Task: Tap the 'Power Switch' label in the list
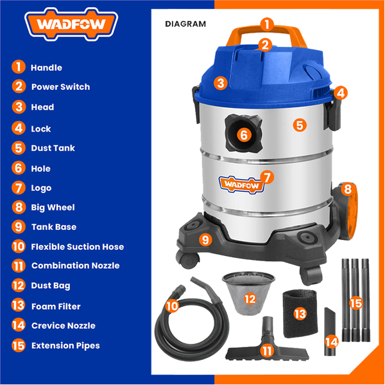point(60,87)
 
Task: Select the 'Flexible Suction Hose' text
point(77,246)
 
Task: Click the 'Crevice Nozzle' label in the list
point(63,325)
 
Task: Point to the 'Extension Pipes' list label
point(65,345)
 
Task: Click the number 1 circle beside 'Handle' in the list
point(19,67)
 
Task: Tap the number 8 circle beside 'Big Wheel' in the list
point(19,207)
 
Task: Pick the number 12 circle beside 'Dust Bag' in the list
point(19,286)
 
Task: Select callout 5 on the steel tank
point(300,125)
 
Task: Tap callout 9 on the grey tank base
point(205,239)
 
